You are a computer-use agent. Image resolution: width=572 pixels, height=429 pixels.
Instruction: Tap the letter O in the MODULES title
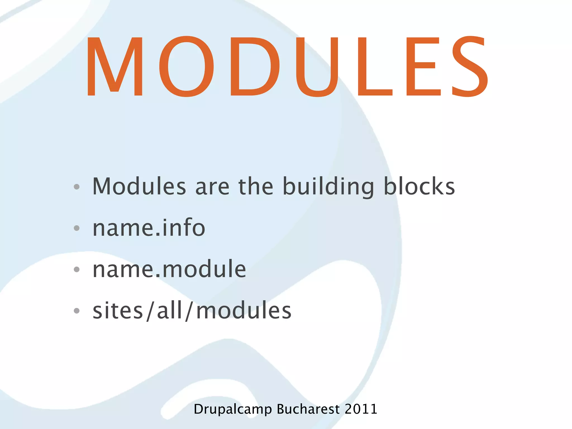point(187,66)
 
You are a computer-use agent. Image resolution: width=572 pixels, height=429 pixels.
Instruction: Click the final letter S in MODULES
point(469,66)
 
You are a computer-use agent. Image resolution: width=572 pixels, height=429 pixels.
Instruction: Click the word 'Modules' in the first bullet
point(139,186)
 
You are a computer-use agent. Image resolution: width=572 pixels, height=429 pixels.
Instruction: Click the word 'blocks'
point(419,186)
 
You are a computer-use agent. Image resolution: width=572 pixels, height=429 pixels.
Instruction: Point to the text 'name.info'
point(149,228)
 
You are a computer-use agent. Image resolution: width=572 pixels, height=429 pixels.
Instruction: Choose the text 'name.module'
point(169,269)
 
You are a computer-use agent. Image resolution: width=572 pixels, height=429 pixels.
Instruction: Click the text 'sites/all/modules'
point(192,311)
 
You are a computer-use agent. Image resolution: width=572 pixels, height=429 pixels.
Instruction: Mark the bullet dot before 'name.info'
point(77,228)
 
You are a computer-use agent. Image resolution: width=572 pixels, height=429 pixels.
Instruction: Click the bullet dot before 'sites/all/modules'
point(77,311)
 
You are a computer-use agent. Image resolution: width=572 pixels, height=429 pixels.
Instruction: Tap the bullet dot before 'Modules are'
point(77,187)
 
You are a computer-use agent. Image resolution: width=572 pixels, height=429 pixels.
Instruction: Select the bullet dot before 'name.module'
point(77,269)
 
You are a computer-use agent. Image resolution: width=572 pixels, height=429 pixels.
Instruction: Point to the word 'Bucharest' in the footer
point(308,409)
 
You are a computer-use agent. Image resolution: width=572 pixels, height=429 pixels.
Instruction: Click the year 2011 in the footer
point(361,409)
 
